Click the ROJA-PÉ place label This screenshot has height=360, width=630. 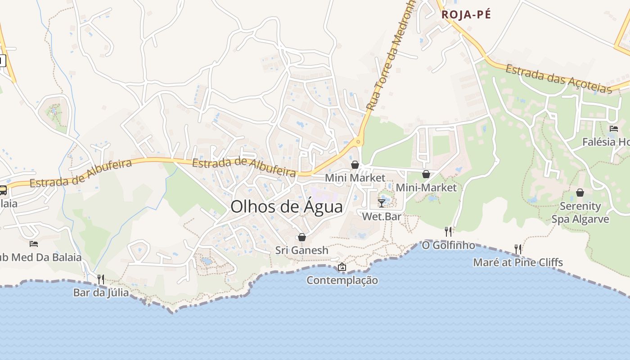(466, 14)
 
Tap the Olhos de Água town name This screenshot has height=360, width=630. (286, 207)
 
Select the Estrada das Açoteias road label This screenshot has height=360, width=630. (558, 78)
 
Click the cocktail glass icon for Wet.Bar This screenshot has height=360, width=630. (382, 203)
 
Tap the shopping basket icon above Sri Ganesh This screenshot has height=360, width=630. (302, 237)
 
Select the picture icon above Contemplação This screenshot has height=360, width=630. (342, 267)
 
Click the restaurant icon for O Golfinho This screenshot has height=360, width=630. (448, 231)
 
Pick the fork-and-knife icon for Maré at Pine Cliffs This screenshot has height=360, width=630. (518, 248)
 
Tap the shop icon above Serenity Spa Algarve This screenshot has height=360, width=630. (580, 193)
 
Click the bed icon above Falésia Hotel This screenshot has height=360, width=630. (613, 129)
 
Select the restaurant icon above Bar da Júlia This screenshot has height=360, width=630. (101, 279)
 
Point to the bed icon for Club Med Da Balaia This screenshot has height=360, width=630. (34, 244)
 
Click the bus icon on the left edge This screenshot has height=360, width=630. (3, 190)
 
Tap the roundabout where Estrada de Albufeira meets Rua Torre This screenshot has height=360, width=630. (358, 142)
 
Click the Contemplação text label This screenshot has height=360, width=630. (342, 280)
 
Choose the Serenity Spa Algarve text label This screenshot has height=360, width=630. (580, 213)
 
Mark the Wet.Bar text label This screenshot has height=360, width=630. (382, 216)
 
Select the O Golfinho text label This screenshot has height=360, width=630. (448, 245)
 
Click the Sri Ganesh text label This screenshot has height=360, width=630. (302, 250)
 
